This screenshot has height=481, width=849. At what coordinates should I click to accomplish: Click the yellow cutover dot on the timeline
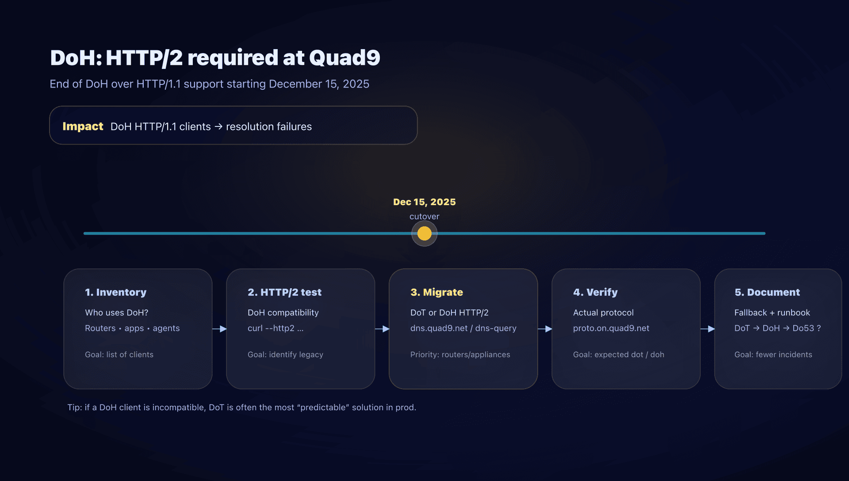click(x=424, y=233)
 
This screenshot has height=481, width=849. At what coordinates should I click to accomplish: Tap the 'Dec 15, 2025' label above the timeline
click(x=424, y=202)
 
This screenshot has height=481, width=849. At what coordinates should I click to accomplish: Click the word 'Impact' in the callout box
click(x=83, y=126)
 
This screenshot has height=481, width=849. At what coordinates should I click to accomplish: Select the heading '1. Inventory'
click(x=115, y=292)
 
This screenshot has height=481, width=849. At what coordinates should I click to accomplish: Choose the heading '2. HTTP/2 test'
click(x=284, y=292)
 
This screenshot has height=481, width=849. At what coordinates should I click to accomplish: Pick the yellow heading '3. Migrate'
click(x=436, y=292)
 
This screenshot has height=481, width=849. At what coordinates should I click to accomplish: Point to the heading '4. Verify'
click(x=595, y=292)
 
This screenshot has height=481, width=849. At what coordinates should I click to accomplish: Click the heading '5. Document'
click(x=767, y=292)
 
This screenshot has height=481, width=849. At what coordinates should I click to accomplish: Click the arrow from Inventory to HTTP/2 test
click(x=219, y=329)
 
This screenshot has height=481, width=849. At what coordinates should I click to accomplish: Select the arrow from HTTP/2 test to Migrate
click(x=382, y=329)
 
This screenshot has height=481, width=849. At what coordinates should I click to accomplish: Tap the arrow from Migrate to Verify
click(x=545, y=329)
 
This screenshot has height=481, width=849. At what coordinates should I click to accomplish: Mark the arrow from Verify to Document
click(x=707, y=329)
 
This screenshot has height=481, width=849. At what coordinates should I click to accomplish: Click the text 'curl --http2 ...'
click(x=275, y=328)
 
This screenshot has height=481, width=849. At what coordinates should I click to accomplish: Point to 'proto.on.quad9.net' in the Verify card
click(x=611, y=328)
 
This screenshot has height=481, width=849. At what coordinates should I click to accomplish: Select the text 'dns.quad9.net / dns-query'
click(x=463, y=328)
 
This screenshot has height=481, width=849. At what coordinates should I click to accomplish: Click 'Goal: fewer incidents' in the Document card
click(x=773, y=355)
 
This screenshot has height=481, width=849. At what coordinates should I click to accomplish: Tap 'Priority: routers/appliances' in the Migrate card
click(x=460, y=355)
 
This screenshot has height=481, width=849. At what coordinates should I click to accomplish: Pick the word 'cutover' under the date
click(x=424, y=217)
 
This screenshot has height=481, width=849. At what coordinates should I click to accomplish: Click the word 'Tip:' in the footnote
click(x=75, y=407)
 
